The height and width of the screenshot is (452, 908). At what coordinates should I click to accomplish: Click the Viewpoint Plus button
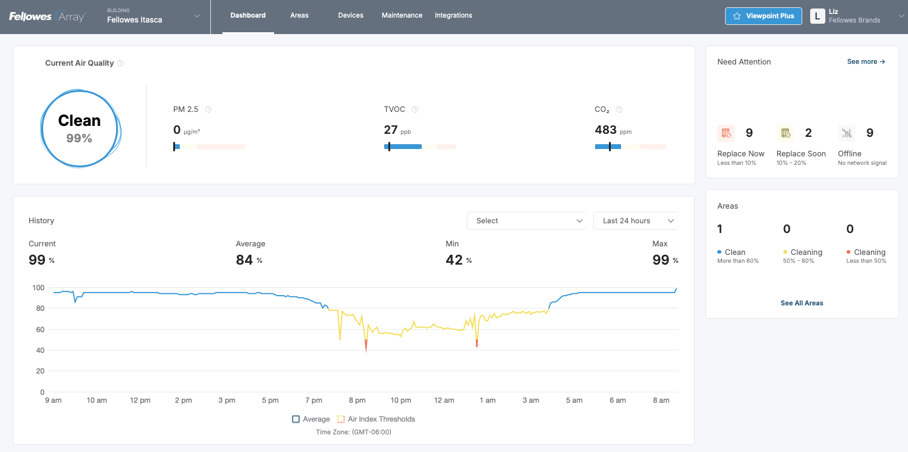click(763, 16)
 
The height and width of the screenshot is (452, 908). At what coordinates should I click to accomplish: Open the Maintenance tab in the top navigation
click(402, 15)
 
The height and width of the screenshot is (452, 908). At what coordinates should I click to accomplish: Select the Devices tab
click(351, 15)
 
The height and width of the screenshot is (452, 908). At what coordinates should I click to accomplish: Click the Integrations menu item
click(453, 15)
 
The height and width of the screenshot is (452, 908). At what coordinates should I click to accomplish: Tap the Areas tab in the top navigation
click(299, 15)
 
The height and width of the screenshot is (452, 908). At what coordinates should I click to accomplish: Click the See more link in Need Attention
click(866, 61)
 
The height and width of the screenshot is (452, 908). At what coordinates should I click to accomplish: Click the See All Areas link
click(802, 303)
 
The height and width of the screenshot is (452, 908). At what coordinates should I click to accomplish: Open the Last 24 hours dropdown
click(635, 221)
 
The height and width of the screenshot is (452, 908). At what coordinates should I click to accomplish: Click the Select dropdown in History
click(526, 221)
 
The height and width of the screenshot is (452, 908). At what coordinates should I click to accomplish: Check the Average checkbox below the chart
click(296, 419)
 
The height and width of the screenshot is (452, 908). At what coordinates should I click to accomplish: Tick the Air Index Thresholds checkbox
click(341, 419)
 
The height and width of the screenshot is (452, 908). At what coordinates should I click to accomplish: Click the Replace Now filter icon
click(726, 133)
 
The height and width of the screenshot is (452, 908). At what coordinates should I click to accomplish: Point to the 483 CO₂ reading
click(605, 130)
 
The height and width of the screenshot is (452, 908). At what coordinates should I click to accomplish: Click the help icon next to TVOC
click(415, 110)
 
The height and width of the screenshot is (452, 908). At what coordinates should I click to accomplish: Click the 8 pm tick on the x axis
click(357, 400)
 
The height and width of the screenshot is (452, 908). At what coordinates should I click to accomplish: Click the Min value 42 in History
click(454, 260)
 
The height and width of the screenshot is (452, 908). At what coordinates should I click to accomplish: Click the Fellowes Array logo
click(47, 16)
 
